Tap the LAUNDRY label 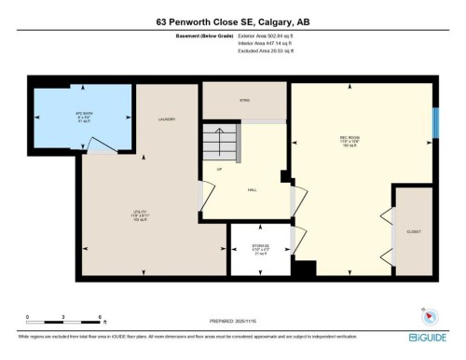168,119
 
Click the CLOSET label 413,230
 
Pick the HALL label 252,189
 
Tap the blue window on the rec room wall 434,122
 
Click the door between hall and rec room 296,198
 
